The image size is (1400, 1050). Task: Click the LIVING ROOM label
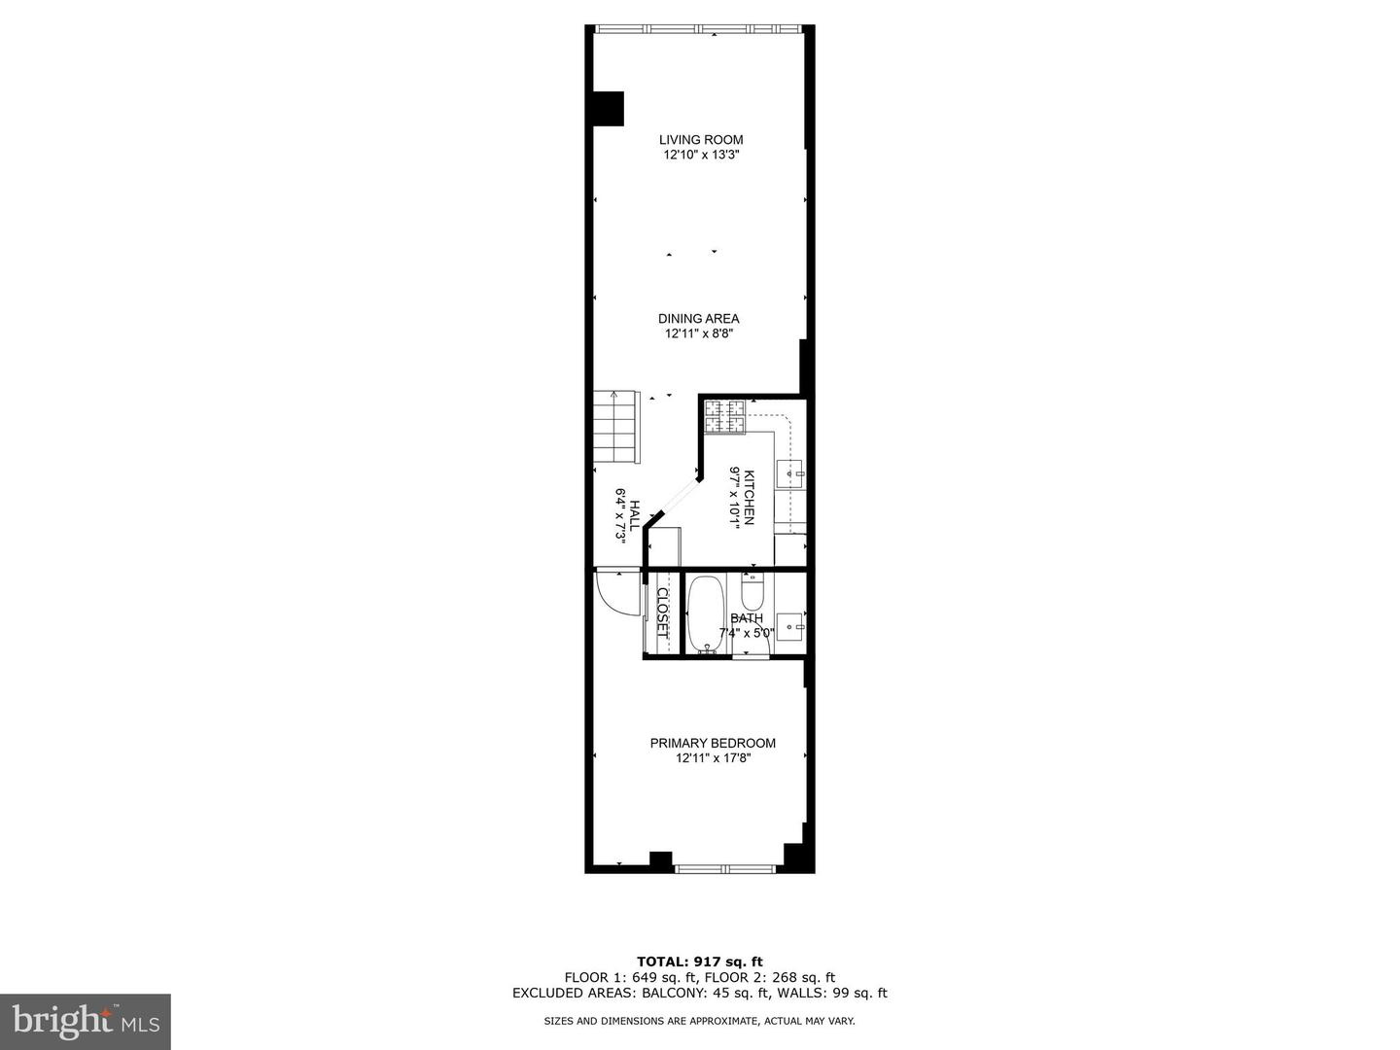tap(700, 140)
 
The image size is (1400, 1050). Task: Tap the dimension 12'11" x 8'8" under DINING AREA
tap(698, 333)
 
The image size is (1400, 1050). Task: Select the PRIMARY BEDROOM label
tap(713, 744)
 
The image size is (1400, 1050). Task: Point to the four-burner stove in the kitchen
tap(724, 417)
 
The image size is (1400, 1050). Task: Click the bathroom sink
tap(792, 623)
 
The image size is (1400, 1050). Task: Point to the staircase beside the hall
tap(616, 427)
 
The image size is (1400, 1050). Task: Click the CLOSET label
tap(663, 612)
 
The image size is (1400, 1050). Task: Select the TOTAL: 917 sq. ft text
tap(699, 962)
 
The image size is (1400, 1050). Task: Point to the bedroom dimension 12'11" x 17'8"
tap(713, 758)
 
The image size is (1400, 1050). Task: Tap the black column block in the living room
tap(608, 108)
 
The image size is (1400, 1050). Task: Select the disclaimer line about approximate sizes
tap(699, 1021)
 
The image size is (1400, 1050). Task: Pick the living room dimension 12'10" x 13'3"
tap(700, 155)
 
